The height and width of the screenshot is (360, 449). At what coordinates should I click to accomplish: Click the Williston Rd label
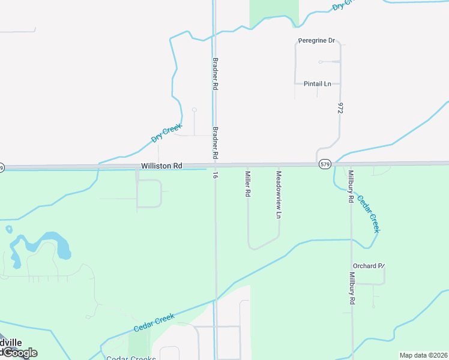coord(161,166)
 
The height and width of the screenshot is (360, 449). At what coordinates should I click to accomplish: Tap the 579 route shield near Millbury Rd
coord(325,164)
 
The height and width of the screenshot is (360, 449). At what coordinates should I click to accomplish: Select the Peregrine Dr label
coord(316,41)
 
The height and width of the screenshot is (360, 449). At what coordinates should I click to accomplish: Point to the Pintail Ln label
coord(318,83)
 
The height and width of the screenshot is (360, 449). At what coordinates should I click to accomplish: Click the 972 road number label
coord(340,108)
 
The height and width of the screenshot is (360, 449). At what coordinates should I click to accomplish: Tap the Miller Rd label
coord(247,185)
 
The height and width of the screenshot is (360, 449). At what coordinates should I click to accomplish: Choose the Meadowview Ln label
coord(278,194)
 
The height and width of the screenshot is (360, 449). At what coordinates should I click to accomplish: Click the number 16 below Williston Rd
coord(214,175)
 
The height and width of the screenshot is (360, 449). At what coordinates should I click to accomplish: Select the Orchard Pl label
coord(368,266)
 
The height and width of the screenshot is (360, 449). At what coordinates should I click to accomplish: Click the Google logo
coord(19,353)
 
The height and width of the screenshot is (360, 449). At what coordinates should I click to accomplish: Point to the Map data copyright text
coord(423,355)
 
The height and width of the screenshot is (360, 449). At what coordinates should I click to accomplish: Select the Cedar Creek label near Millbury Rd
coord(369,214)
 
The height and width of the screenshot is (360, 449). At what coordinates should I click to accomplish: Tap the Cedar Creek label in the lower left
coord(154,322)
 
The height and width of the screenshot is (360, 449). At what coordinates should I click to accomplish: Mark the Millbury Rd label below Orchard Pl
coord(352,289)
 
